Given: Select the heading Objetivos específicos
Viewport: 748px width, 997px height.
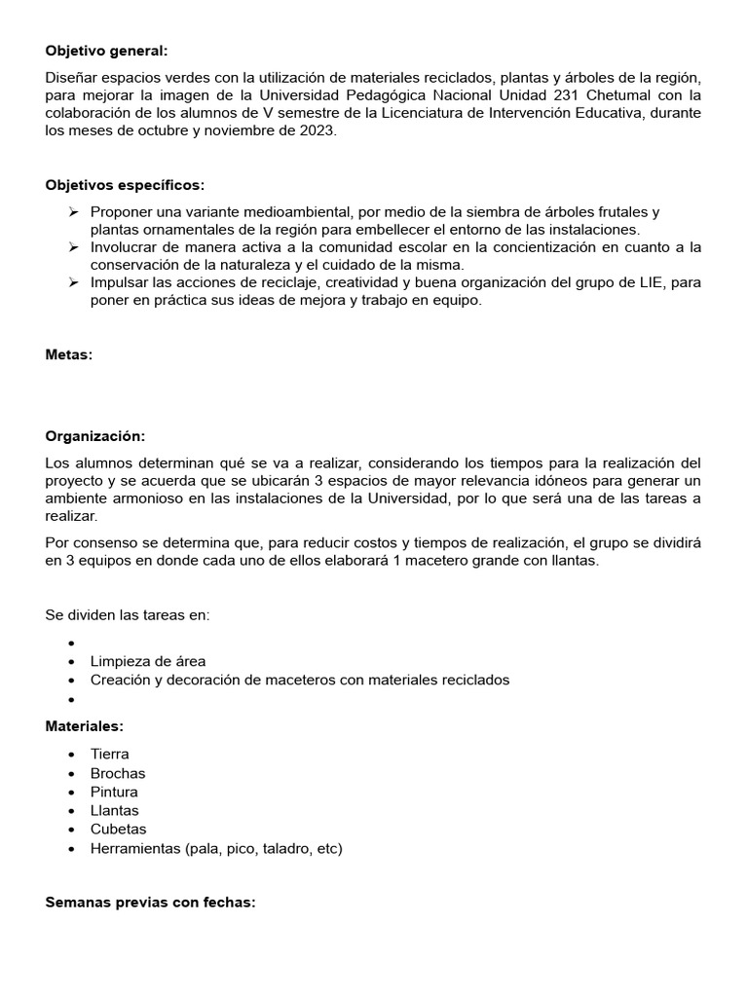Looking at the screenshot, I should (125, 185).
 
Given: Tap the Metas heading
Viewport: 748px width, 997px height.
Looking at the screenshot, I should (68, 354).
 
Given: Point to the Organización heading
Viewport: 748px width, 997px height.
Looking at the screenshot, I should (94, 436).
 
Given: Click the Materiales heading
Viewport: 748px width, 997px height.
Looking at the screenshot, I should (84, 726).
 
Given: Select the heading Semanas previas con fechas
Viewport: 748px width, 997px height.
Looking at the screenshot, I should (150, 902).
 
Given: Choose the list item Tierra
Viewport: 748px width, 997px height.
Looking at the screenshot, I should (109, 754).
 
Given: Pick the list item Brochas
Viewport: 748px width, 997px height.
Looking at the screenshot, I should (117, 773).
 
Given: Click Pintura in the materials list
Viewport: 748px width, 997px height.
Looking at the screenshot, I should (114, 792).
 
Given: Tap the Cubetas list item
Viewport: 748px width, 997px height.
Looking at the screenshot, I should (118, 829).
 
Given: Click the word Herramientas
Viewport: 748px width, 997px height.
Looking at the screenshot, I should (135, 848).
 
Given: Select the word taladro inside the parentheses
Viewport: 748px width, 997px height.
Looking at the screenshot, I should (285, 848).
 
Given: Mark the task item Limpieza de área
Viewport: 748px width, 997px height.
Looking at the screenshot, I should (147, 661).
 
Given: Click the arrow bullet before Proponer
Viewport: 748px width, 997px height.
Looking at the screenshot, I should (74, 212).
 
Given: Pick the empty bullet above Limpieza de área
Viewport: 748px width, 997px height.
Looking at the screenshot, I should (73, 643).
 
